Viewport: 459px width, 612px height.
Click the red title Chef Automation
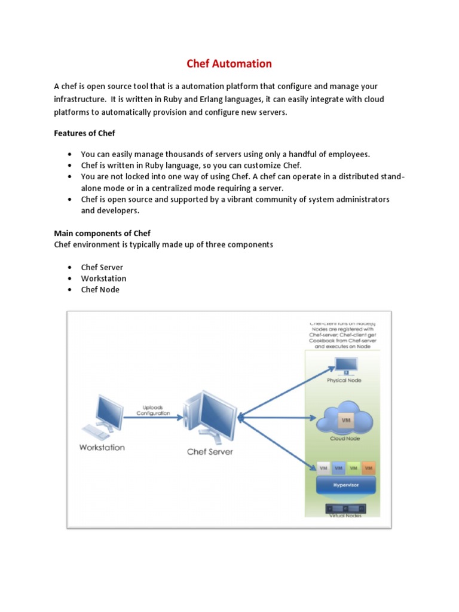229,63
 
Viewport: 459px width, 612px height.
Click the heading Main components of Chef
103,233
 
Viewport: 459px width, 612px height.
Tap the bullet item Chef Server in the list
102,267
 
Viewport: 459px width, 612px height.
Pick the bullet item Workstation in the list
103,279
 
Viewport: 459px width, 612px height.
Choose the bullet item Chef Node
100,289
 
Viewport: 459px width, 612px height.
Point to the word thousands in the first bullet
172,154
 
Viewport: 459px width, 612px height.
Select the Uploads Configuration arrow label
153,409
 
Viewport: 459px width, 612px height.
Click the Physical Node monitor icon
344,366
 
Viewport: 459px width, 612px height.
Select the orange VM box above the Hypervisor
368,467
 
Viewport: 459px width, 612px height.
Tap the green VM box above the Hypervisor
353,467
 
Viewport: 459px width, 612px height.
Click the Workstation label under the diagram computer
102,448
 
